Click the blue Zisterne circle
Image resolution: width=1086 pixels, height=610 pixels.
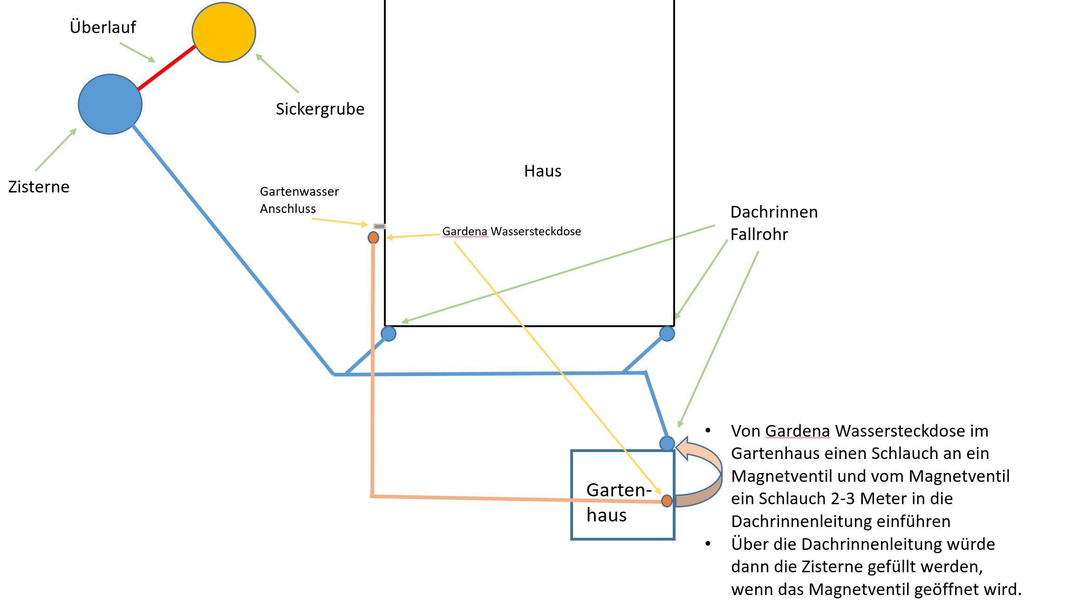coord(110,104)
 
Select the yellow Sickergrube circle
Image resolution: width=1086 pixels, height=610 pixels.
coord(224,32)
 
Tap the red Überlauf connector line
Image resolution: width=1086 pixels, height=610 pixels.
coord(166,68)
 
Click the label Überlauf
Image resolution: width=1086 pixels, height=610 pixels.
coord(102,27)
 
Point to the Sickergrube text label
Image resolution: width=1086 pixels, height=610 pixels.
coord(320,109)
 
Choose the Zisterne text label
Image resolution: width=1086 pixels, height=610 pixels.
coord(39,187)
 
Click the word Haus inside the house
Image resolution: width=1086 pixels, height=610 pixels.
coord(542,171)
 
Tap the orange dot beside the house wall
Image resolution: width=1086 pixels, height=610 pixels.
coord(373,238)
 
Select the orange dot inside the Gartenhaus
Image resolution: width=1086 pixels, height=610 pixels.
coord(667,501)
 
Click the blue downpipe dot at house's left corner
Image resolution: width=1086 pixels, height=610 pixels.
coord(389,334)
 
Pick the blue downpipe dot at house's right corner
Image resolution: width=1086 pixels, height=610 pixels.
coord(667,334)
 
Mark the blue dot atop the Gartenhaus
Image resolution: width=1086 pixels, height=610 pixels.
coord(667,443)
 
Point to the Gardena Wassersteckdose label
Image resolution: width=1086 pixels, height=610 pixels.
coord(511,232)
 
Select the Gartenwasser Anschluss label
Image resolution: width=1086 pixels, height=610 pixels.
coord(299,200)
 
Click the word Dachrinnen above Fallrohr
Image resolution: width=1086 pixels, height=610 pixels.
coord(774,212)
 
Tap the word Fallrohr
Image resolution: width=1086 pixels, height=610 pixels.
coord(759,234)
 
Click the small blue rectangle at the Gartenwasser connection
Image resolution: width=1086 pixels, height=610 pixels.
coord(380,226)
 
